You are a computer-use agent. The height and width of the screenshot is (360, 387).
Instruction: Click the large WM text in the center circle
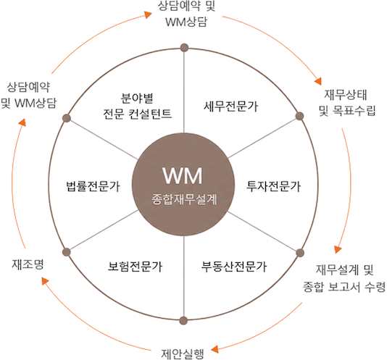(x=183, y=175)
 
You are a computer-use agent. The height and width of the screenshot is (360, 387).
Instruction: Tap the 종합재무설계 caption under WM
(x=184, y=199)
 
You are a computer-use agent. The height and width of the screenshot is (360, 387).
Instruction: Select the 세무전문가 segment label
(x=230, y=106)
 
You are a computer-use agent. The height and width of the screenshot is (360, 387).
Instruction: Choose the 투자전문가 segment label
(x=273, y=186)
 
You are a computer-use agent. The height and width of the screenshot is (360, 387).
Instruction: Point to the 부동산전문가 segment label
(x=234, y=267)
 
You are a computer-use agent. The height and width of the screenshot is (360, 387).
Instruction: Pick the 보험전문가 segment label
(x=136, y=267)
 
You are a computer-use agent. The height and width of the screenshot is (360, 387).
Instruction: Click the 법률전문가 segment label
(x=93, y=186)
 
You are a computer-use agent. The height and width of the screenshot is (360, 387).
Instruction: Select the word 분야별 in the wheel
(x=137, y=99)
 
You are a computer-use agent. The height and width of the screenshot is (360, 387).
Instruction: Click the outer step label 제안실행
(x=183, y=353)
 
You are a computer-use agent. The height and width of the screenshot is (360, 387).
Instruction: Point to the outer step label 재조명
(x=28, y=264)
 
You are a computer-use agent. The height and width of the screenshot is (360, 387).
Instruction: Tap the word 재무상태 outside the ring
(x=345, y=95)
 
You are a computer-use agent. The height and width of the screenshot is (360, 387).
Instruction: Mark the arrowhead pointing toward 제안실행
(x=215, y=349)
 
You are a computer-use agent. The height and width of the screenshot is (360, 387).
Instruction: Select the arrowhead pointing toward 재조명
(x=45, y=281)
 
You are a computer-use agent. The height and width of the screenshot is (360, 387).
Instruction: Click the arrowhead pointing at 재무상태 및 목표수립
(x=318, y=81)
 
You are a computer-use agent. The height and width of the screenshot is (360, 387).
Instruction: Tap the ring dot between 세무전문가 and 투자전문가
(x=299, y=116)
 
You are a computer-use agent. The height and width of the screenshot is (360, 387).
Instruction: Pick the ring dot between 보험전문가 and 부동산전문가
(x=183, y=320)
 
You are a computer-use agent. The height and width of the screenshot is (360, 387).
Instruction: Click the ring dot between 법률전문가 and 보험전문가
(x=67, y=252)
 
